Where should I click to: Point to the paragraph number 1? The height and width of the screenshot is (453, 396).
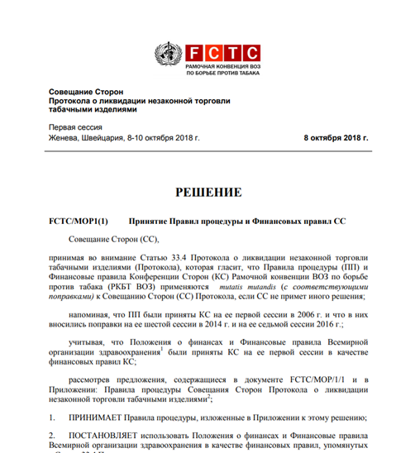click(x=53, y=417)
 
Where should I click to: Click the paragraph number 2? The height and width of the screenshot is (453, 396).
click(x=53, y=435)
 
